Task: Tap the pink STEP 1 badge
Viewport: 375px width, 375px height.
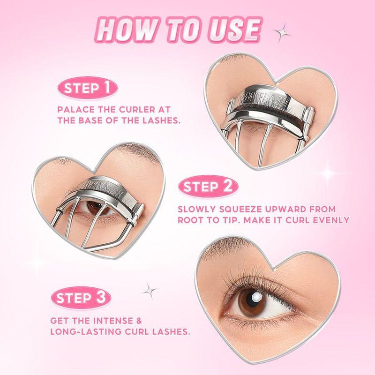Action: click(x=87, y=88)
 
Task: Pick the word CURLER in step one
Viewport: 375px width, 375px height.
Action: click(x=128, y=109)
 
